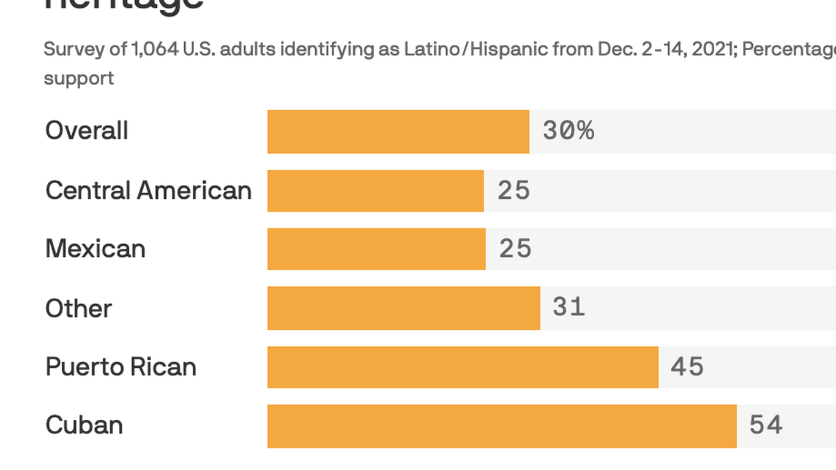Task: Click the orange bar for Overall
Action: point(398,132)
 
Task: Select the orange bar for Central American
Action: point(375,191)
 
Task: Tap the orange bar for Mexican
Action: point(376,249)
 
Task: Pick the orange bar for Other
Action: point(403,308)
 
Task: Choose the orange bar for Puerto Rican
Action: point(463,367)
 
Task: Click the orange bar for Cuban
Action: point(502,426)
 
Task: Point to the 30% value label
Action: point(568,131)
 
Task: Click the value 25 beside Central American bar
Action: point(513,191)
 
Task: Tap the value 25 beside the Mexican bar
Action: point(515,249)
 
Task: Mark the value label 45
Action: point(687,367)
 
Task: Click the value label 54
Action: point(766,425)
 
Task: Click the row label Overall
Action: point(87,131)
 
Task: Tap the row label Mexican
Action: point(95,249)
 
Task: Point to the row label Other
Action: point(78,308)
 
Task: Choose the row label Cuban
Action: point(84,425)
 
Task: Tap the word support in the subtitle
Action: point(78,78)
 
